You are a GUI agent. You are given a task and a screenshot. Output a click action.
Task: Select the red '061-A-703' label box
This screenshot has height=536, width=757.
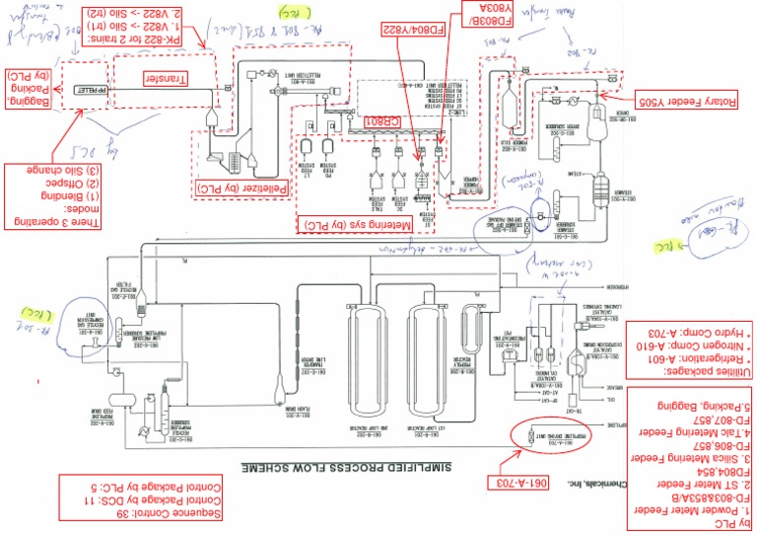(517, 485)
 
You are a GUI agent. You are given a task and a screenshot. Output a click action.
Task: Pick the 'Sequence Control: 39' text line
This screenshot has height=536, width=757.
(114, 514)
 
